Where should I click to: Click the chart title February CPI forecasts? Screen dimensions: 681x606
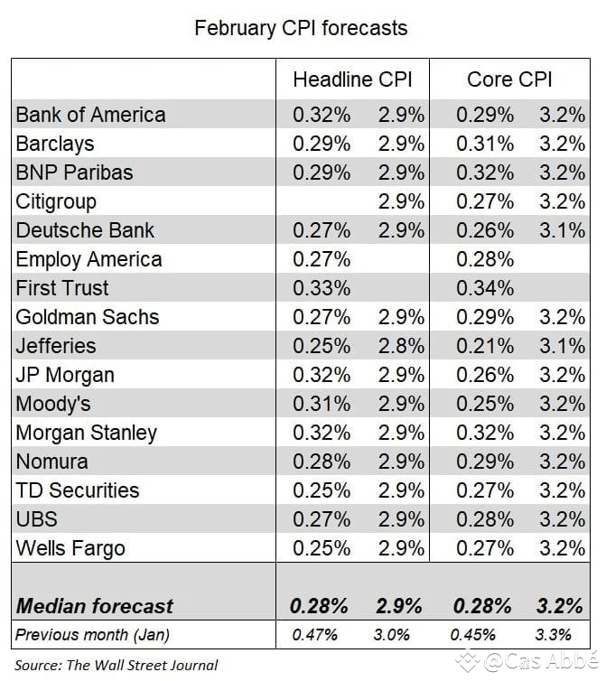pos(301,28)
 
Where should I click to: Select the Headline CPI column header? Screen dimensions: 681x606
pos(352,79)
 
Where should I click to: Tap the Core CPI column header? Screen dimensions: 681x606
pos(509,79)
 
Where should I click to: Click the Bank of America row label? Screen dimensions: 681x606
pos(90,115)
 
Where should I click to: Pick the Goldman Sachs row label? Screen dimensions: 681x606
pos(87,317)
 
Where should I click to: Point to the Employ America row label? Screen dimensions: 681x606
pos(89,259)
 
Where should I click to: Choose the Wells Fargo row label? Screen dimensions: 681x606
pos(70,548)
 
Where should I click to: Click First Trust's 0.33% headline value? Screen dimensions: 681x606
pos(321,288)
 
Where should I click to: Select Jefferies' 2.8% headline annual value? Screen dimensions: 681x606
pos(400,346)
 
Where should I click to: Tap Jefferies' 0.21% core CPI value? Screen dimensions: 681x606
pos(484,346)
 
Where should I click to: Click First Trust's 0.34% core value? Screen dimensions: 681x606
pos(484,288)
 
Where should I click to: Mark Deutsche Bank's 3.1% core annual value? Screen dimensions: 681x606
pos(562,230)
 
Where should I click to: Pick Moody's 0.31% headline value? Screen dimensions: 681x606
pos(321,404)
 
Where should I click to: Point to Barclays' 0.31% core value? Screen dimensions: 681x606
pos(484,144)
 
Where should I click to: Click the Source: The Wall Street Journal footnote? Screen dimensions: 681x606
pos(116,665)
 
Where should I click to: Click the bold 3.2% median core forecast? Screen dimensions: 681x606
pos(562,605)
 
